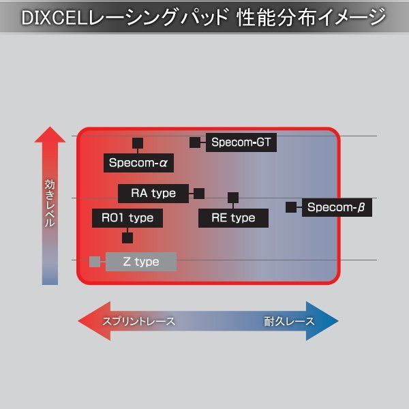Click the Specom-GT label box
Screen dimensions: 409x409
click(x=241, y=142)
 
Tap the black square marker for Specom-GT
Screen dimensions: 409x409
click(x=195, y=142)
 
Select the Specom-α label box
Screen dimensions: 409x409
click(x=138, y=164)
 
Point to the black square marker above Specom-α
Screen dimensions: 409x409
click(x=137, y=143)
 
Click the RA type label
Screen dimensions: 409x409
click(x=153, y=193)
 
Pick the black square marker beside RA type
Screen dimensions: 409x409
click(x=199, y=193)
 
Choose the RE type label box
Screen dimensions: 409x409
click(x=233, y=218)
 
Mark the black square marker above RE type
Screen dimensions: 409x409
click(x=233, y=198)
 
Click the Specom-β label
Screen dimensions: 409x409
click(x=337, y=207)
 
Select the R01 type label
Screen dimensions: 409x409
click(x=127, y=218)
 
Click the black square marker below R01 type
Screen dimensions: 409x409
click(x=127, y=238)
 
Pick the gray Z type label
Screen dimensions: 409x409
click(x=141, y=262)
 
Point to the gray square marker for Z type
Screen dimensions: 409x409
click(x=95, y=261)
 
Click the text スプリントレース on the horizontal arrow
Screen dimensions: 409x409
click(x=138, y=321)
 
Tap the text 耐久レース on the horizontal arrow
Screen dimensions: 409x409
click(x=289, y=321)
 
